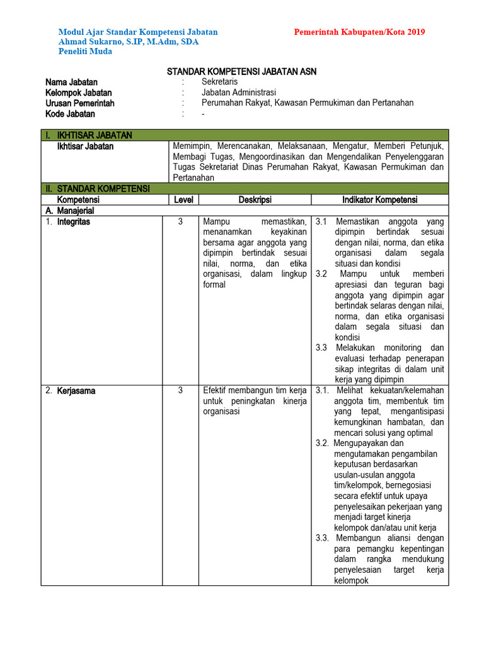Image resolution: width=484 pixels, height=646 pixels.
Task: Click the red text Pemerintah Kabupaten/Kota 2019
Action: pos(359,32)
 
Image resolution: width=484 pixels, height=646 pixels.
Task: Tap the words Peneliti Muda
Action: pos(85,51)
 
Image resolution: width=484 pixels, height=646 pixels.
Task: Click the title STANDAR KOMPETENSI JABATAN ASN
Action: pos(241,72)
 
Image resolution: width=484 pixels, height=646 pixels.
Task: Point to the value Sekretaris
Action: pos(219,82)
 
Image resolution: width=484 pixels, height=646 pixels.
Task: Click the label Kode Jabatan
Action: pos(70,114)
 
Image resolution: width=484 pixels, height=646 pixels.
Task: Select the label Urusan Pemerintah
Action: pos(79,103)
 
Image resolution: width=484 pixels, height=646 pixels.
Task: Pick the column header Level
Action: pos(180,200)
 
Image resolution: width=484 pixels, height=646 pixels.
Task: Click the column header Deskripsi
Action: pos(255,200)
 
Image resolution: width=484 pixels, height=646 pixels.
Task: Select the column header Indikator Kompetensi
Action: pos(379,200)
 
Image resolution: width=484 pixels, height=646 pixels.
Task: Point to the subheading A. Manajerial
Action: pos(69,211)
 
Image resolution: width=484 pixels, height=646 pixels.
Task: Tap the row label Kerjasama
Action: pos(76,391)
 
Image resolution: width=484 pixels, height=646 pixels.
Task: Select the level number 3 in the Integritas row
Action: pos(180,222)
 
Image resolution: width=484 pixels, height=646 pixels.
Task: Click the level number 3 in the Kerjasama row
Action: pos(180,391)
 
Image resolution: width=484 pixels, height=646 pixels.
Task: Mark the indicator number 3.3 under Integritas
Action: pos(321,348)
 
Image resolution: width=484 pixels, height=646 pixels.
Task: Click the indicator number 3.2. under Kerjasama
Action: pos(323,443)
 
